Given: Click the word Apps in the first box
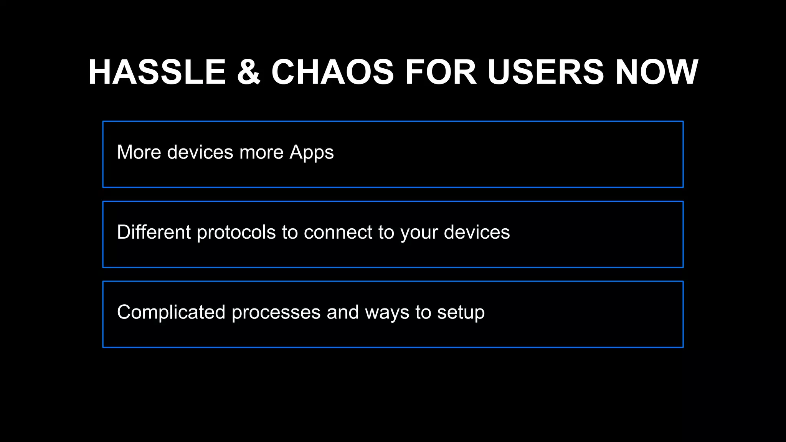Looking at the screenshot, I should click(312, 152).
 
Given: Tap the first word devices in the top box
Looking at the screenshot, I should click(200, 152).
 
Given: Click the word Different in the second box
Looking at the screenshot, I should click(154, 232).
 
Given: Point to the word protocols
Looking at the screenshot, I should click(236, 233).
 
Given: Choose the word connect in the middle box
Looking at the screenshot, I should click(338, 232).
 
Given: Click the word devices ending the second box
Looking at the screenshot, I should click(477, 232).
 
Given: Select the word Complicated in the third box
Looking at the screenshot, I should click(171, 312).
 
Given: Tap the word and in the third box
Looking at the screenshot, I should click(343, 312).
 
